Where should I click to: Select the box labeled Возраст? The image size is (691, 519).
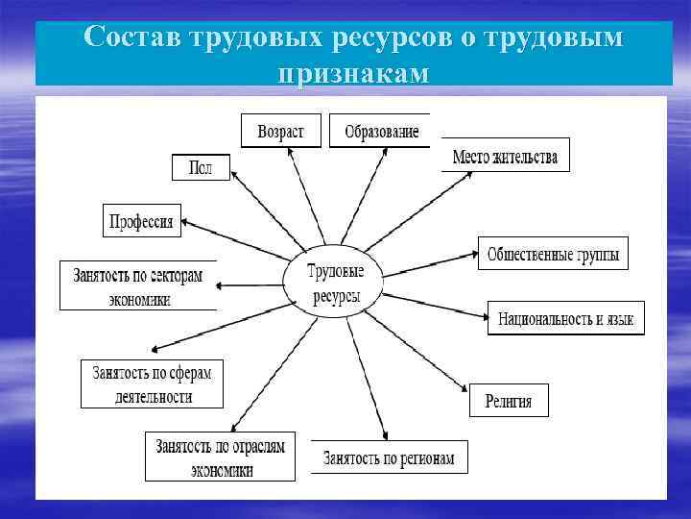tap(280, 132)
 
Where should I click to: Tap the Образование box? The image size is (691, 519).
tap(380, 132)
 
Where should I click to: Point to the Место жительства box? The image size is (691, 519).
tap(506, 156)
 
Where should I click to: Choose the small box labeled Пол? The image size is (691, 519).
tap(200, 166)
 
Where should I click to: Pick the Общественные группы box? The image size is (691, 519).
tap(553, 255)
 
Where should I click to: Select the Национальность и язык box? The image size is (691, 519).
tap(565, 318)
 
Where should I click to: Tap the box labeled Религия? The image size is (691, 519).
tap(509, 401)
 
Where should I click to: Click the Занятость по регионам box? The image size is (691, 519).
tap(389, 457)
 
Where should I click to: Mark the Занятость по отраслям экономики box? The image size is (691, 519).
tap(221, 457)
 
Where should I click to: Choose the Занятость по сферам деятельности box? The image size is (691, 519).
tap(152, 383)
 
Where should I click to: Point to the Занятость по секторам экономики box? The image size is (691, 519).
tap(138, 285)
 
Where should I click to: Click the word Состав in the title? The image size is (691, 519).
tap(135, 37)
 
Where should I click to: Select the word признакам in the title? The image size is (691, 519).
tap(354, 73)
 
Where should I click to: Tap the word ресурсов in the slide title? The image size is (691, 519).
tap(413, 37)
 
